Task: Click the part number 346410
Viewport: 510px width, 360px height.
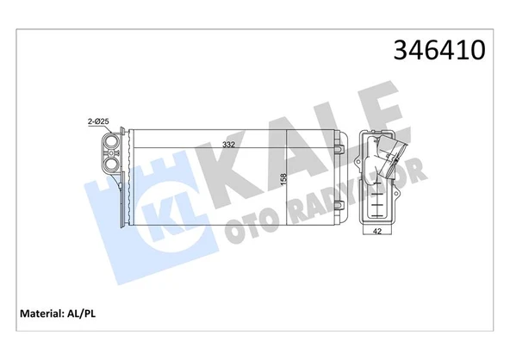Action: pyautogui.click(x=439, y=52)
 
